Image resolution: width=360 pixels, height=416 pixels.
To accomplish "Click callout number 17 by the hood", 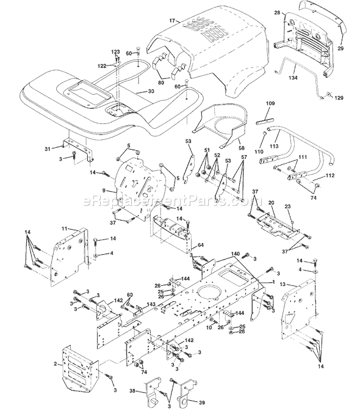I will [x=173, y=21].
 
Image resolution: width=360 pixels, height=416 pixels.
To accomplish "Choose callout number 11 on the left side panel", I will [x=64, y=228].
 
